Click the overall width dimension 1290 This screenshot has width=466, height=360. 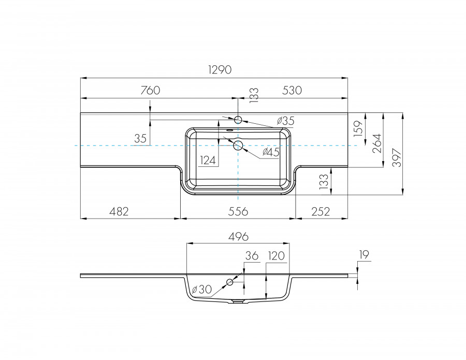[220, 69]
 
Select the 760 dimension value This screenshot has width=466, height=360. [150, 90]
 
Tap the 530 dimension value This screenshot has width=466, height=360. [292, 90]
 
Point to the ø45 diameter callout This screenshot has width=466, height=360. [271, 152]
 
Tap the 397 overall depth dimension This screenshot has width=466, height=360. [396, 154]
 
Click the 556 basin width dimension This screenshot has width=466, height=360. [238, 211]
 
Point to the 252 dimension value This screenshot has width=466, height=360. [321, 211]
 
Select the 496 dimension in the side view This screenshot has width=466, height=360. [238, 236]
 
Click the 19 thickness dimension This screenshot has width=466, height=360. [363, 254]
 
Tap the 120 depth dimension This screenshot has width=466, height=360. [277, 255]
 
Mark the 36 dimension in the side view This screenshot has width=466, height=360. [251, 255]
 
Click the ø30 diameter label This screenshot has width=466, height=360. [200, 290]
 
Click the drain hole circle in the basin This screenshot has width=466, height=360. [238, 145]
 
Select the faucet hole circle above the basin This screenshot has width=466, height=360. [238, 120]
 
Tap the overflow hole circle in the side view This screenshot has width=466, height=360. [229, 282]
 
